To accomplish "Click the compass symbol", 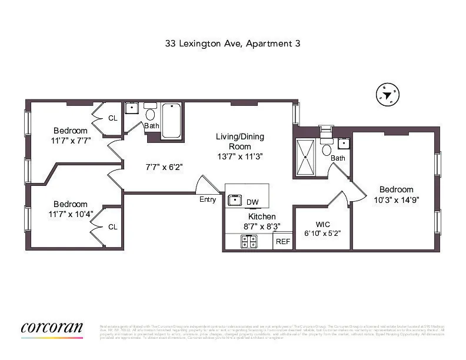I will [x=387, y=95].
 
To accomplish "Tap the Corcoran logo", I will [x=52, y=329].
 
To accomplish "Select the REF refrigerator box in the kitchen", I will [x=283, y=241].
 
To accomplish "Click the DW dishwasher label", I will [x=252, y=202].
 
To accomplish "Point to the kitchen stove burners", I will [x=249, y=241].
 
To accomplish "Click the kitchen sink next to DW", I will [x=235, y=200].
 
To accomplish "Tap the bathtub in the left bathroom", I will [x=171, y=121].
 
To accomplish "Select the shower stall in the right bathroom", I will [x=305, y=157].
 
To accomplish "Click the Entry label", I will [x=208, y=199].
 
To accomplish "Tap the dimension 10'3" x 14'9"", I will [x=396, y=199].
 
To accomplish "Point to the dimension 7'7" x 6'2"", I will [x=164, y=167].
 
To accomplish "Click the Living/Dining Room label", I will [x=240, y=141].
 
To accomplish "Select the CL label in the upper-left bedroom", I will [x=113, y=118].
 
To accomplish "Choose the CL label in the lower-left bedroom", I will [x=113, y=226].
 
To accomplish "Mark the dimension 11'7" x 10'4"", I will [x=71, y=214].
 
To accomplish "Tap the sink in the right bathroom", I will [x=344, y=143].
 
